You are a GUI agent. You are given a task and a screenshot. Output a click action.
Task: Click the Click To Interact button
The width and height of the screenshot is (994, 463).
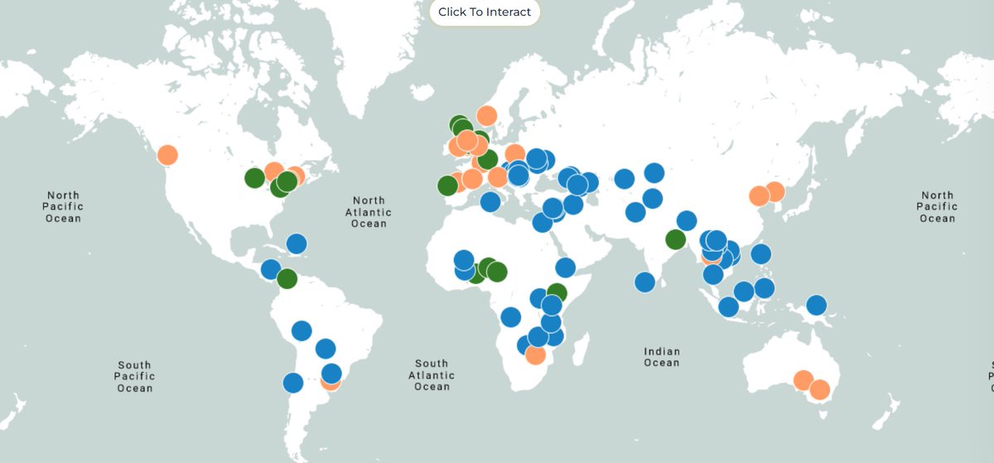[485, 12]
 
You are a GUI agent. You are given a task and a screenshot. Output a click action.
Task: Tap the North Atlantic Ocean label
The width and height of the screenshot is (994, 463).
[369, 212]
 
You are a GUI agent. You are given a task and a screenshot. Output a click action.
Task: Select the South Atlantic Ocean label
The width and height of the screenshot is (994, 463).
[432, 374]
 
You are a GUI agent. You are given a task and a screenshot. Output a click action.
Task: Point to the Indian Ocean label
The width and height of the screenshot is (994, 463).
[662, 357]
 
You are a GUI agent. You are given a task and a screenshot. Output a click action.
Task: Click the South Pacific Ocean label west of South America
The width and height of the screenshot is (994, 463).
[134, 376]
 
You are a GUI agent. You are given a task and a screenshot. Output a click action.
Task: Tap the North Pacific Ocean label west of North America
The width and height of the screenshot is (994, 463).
[63, 206]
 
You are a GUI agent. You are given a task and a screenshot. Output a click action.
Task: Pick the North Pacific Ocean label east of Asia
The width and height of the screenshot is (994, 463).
[937, 206]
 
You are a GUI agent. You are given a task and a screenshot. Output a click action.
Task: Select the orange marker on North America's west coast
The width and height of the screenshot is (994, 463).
[167, 155]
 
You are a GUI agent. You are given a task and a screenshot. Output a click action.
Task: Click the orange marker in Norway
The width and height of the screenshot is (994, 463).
[487, 116]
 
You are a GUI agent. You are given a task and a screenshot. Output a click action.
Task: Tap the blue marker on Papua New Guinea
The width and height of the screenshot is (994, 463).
[817, 305]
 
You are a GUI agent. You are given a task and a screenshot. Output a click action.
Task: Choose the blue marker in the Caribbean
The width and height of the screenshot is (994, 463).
[297, 244]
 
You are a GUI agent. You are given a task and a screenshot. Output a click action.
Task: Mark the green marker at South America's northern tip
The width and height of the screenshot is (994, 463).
[287, 278]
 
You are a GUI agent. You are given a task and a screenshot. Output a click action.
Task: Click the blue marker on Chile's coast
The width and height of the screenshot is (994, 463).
[292, 383]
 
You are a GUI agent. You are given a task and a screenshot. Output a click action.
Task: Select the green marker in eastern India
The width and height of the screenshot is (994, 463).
[676, 240]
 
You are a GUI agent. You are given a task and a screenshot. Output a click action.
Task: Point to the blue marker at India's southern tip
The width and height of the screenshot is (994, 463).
[645, 282]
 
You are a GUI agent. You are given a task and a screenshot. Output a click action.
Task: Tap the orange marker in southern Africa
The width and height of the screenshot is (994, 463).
[536, 354]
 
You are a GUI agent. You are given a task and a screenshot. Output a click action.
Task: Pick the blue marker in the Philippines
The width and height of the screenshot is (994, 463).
[761, 253]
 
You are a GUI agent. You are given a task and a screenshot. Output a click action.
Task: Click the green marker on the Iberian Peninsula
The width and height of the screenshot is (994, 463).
[447, 186]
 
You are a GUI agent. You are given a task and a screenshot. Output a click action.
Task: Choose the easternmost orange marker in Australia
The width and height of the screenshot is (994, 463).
[819, 389]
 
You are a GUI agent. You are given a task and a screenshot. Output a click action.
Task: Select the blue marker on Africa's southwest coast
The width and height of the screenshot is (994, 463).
[510, 316]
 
